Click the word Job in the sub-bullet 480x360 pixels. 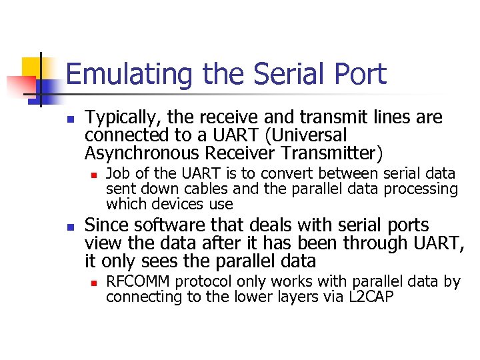[x=118, y=174]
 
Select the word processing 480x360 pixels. [x=423, y=189]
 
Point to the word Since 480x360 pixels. [x=106, y=226]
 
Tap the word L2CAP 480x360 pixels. [x=371, y=297]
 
